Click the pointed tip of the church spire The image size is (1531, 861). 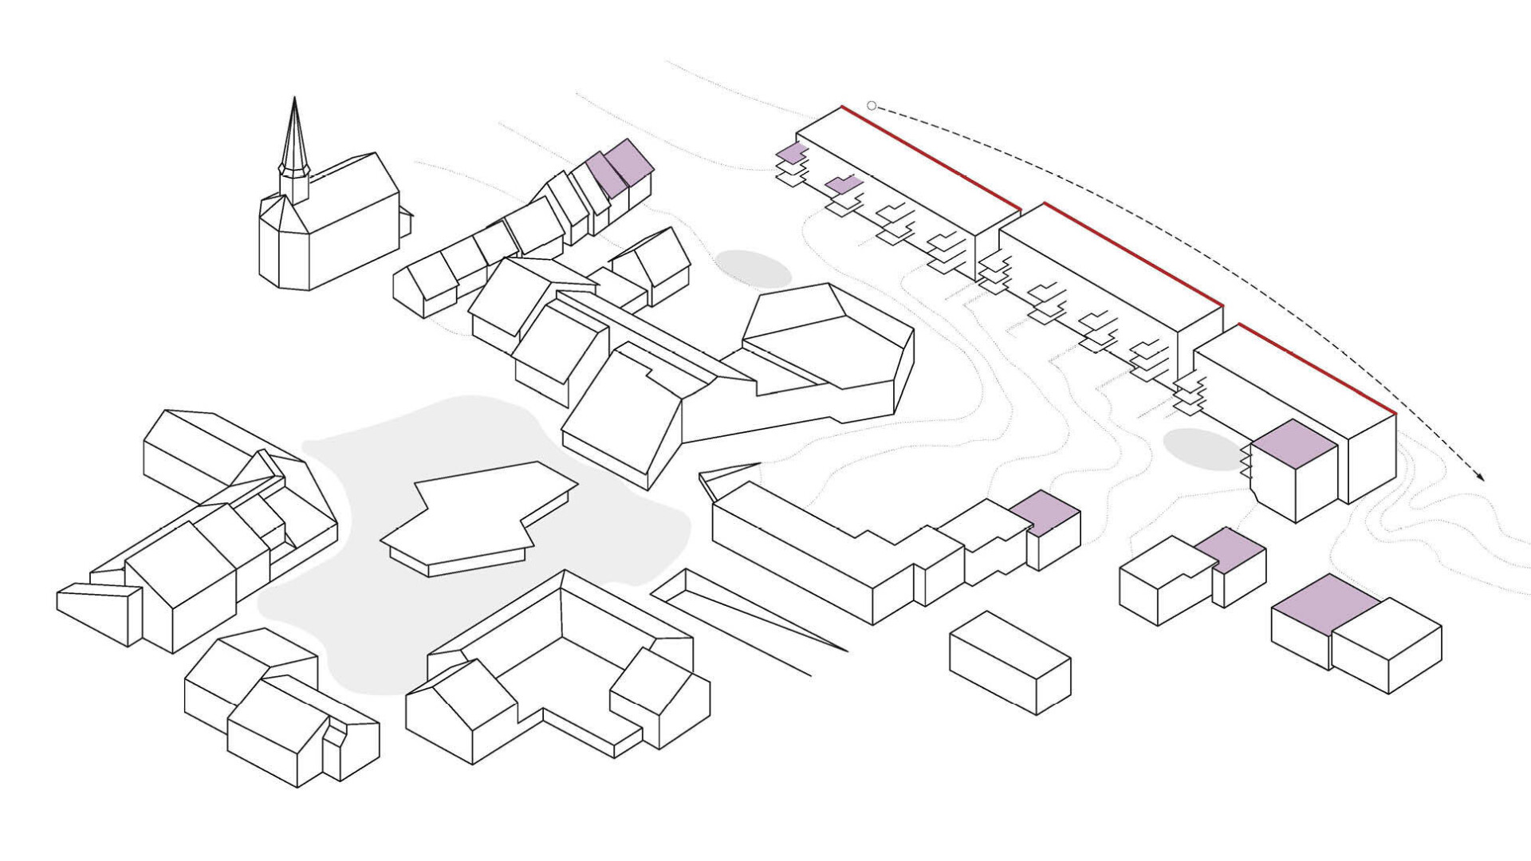tap(294, 100)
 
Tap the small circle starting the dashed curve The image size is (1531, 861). tap(872, 106)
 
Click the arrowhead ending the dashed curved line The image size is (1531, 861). tap(1482, 478)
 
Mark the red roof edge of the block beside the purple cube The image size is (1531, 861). tap(1316, 369)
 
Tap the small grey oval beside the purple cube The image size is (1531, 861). tap(1202, 449)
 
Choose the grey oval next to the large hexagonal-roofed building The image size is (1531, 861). tap(753, 269)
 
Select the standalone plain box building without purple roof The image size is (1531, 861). tap(1010, 662)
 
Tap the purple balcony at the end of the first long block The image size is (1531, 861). tap(790, 153)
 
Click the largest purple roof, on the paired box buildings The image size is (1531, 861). tap(1324, 604)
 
